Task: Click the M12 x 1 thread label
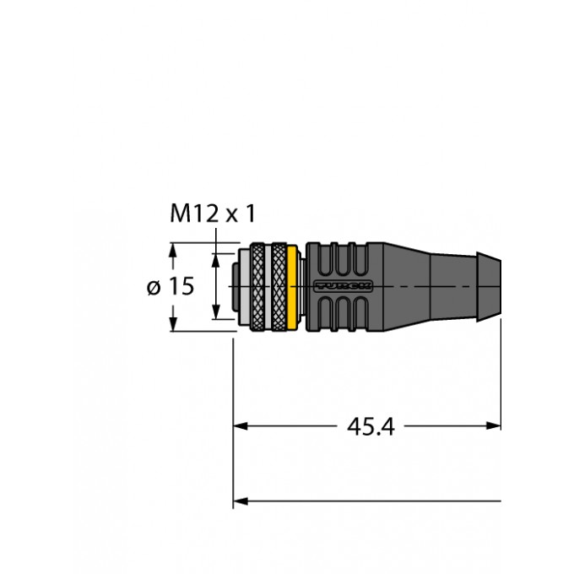(x=212, y=215)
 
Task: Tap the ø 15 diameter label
(x=171, y=287)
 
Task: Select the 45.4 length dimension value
(x=371, y=427)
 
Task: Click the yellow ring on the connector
(x=293, y=288)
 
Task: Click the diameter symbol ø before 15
(x=154, y=288)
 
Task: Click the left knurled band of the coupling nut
(x=257, y=288)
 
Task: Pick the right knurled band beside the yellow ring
(x=276, y=288)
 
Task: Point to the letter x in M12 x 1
(x=230, y=216)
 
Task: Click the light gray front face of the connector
(x=240, y=288)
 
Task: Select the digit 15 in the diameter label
(x=181, y=287)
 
